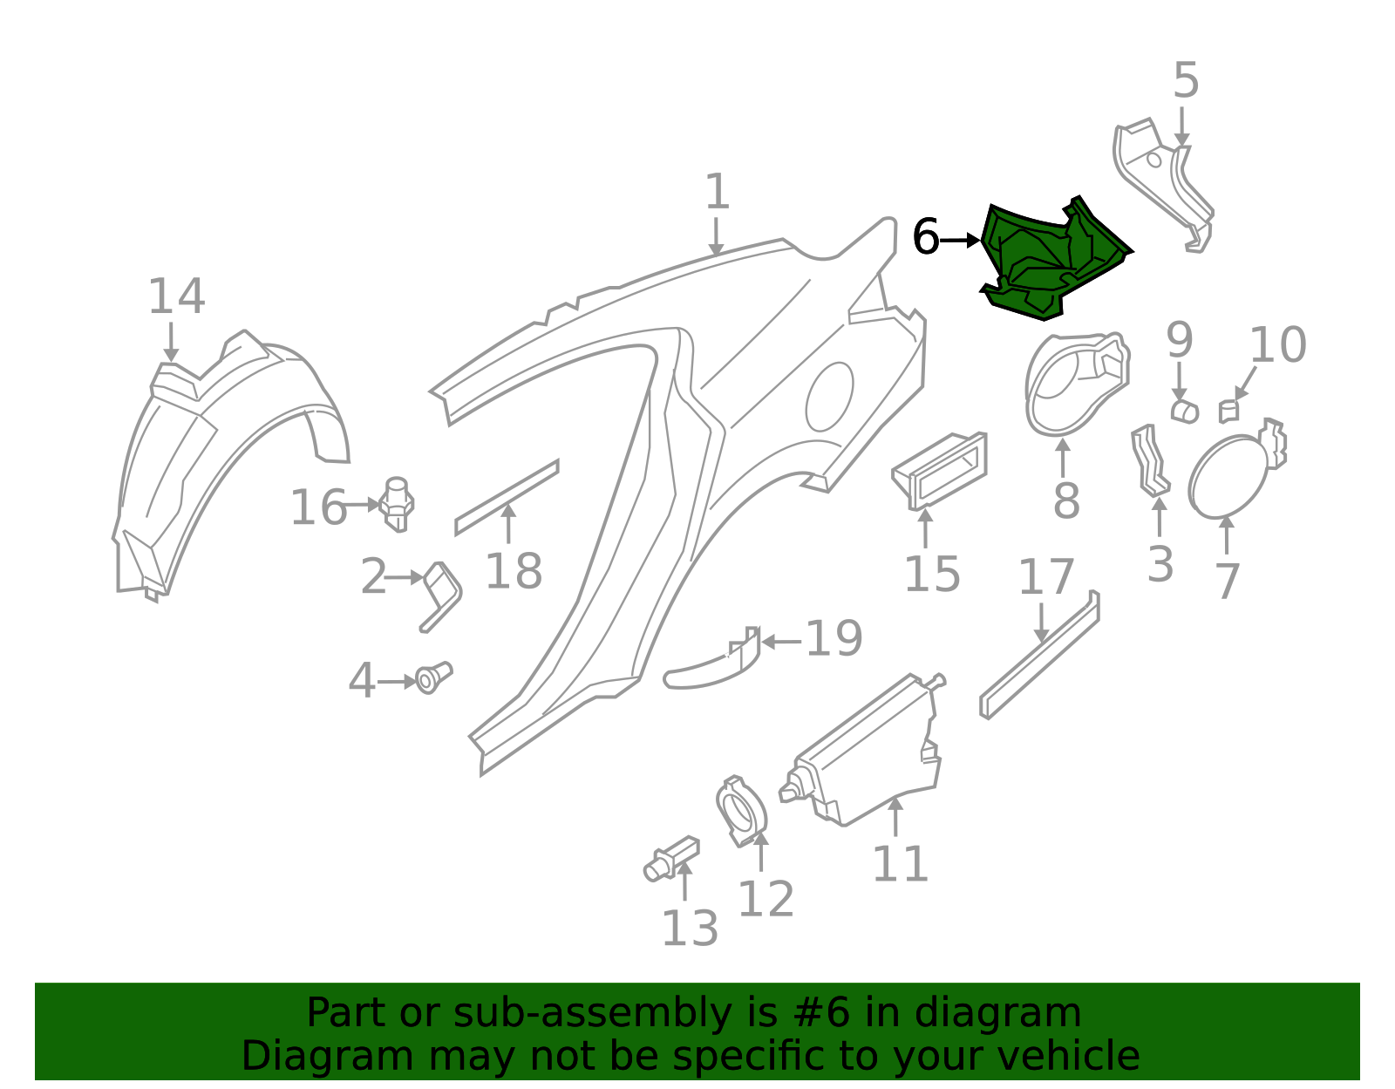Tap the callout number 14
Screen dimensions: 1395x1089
[x=176, y=296]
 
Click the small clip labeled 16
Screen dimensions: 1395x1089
[x=396, y=504]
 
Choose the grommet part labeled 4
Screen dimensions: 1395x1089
[x=432, y=677]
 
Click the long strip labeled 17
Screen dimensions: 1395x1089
[x=1039, y=655]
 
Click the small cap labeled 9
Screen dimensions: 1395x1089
[x=1184, y=412]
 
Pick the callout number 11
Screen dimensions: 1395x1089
[x=900, y=864]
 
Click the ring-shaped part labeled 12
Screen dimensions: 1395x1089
[x=741, y=811]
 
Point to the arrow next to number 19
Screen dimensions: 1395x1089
[x=781, y=641]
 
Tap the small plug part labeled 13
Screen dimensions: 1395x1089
[x=670, y=858]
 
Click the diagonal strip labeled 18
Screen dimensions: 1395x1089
[x=507, y=497]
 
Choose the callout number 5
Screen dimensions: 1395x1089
[x=1186, y=81]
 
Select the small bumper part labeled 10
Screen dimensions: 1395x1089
[x=1228, y=412]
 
